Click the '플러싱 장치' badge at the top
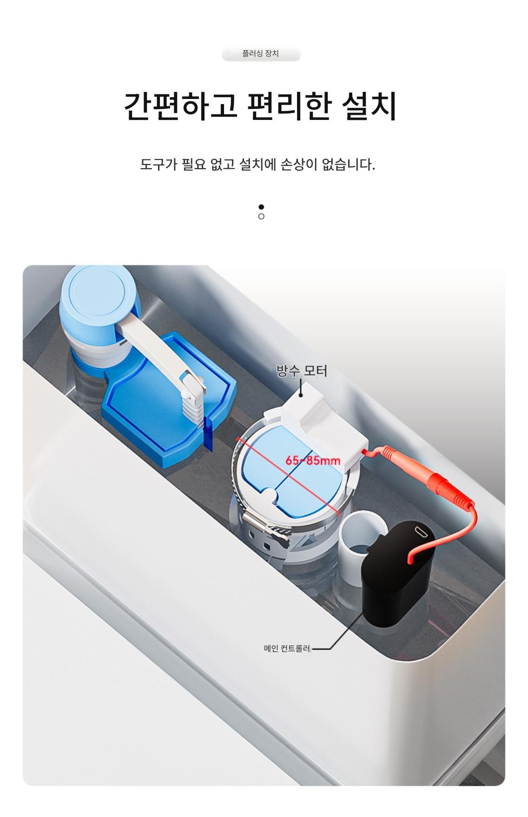(x=261, y=54)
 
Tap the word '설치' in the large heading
(x=370, y=106)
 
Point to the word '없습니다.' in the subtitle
(x=348, y=165)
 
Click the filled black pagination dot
(x=261, y=207)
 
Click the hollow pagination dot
(x=261, y=217)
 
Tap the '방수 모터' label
(x=302, y=371)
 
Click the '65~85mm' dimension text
(x=313, y=461)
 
